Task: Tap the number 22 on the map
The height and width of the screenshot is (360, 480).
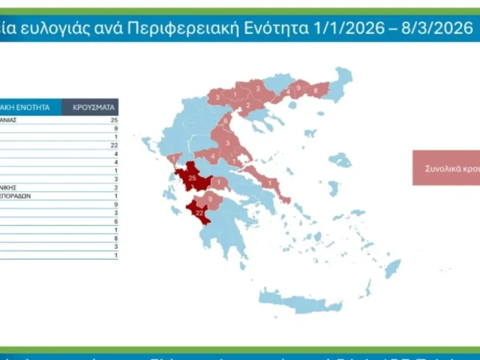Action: [x=199, y=213]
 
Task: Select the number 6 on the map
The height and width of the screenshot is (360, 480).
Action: [x=226, y=121]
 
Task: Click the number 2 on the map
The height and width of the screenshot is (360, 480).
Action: [x=249, y=106]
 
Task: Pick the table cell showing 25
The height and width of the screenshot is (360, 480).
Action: [x=114, y=120]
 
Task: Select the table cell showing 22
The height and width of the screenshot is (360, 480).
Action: [x=114, y=145]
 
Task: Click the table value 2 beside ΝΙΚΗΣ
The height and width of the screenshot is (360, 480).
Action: [x=116, y=187]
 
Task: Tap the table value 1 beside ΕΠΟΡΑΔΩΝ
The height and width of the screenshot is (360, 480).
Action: [x=116, y=196]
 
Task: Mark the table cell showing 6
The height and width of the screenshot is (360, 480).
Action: [x=116, y=221]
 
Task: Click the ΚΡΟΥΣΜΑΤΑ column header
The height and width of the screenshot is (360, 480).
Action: [x=91, y=106]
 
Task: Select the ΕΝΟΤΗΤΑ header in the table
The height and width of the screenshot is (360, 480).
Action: [x=30, y=106]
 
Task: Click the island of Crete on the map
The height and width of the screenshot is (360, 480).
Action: [x=300, y=300]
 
